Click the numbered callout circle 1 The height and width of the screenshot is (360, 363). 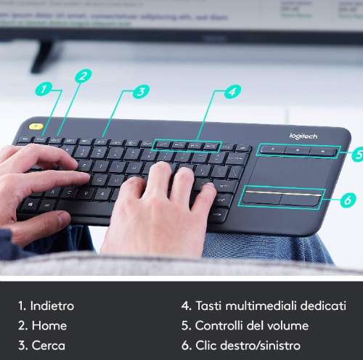pos(44,90)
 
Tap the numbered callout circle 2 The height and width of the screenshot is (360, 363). pos(83,75)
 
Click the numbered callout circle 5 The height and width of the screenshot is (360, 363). pos(354,154)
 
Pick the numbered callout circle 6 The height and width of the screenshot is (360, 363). pos(348,198)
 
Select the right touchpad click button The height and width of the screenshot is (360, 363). pos(301,197)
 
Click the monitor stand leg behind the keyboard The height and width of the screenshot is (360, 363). pos(44,55)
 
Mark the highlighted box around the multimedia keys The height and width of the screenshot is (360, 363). pos(187,145)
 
